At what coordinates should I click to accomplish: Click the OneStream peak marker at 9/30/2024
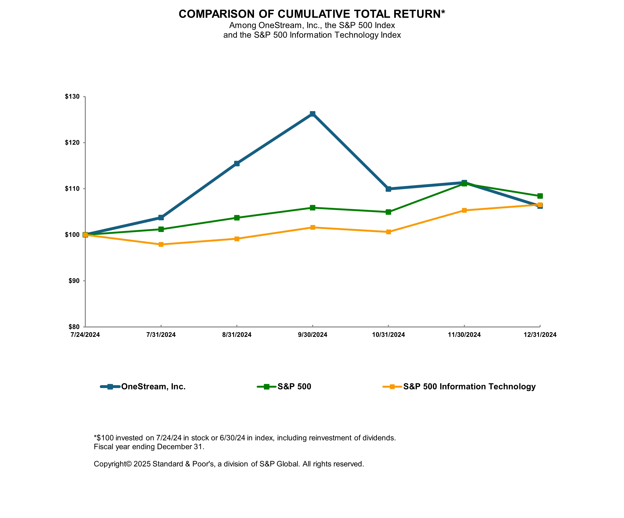pos(312,114)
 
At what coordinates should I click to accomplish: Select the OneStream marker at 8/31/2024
pos(237,163)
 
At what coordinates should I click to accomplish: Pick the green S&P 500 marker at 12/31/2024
pos(540,196)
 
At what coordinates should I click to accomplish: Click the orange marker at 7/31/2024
pos(161,244)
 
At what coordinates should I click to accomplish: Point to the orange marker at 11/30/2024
pos(464,210)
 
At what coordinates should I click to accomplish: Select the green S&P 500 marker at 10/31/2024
pos(388,212)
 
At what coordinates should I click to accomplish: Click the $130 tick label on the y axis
pos(72,96)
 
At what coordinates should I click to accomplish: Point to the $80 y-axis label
pos(74,327)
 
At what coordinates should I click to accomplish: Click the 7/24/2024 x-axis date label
pos(85,335)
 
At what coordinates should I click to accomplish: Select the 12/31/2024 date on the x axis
pos(540,335)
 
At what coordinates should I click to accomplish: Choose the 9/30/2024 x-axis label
pos(312,335)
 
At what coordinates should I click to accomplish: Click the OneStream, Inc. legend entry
pos(153,387)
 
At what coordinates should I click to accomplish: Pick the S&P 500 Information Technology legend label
pos(469,387)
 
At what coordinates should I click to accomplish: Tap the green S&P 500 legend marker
pos(267,387)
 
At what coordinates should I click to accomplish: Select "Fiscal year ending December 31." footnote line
pos(149,447)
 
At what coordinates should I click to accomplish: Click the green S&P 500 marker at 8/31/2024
pos(237,218)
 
